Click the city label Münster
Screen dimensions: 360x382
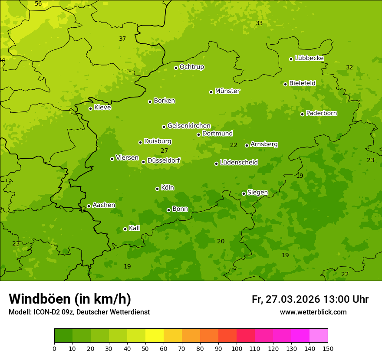coord(227,91)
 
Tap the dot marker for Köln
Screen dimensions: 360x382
coord(157,189)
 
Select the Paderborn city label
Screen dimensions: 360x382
coord(321,113)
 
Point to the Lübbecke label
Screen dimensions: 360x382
coord(309,58)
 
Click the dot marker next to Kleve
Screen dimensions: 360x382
coord(90,108)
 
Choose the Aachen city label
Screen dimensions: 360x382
coord(104,205)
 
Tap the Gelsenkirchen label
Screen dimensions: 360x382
coord(189,126)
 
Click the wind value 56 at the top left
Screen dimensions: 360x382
coord(38,4)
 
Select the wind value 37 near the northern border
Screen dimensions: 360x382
coord(122,39)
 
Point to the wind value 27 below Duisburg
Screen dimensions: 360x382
coord(164,151)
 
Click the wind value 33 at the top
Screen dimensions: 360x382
coord(259,23)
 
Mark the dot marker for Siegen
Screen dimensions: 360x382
coord(244,193)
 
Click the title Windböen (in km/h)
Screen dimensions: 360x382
coord(70,299)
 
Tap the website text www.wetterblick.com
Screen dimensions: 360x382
coord(313,312)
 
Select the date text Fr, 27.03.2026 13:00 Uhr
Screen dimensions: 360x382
coord(310,299)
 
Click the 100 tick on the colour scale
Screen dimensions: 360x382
coord(237,348)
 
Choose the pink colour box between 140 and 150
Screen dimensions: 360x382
coord(319,336)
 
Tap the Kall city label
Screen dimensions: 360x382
coord(135,228)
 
